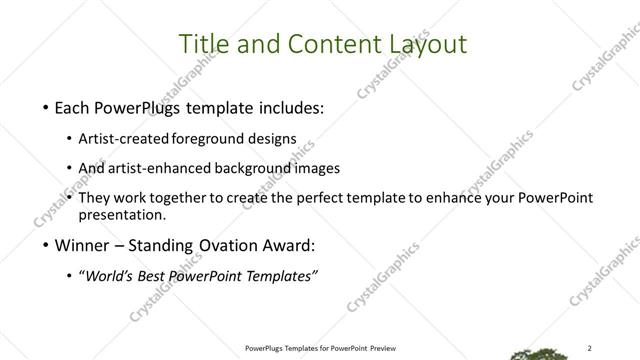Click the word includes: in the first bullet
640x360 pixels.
[289, 107]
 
